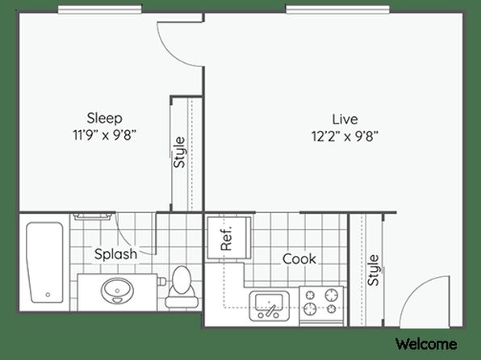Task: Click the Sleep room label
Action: click(105, 119)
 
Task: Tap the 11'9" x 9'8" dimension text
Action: click(104, 135)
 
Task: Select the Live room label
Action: click(345, 119)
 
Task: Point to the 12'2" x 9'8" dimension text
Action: click(345, 136)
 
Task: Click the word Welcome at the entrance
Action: click(426, 344)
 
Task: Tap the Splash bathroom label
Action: click(115, 254)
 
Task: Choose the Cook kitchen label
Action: click(299, 259)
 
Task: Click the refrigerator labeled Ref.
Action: click(229, 238)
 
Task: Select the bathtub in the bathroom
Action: click(45, 262)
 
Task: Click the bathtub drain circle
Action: click(48, 295)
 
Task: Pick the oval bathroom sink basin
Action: click(117, 291)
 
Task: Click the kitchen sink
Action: click(269, 306)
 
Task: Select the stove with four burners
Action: click(321, 306)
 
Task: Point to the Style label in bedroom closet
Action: click(180, 153)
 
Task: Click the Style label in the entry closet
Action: click(374, 270)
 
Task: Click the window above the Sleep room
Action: click(100, 9)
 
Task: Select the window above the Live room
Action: click(337, 9)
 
